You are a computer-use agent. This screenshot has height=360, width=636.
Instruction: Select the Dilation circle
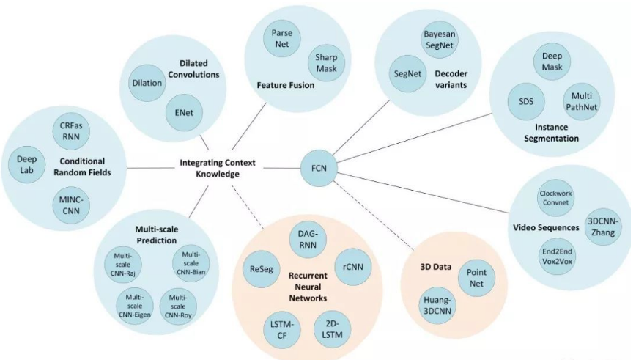[x=147, y=83]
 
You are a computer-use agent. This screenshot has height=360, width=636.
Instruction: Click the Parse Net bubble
[x=282, y=40]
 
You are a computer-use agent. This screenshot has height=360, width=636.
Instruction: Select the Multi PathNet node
[x=581, y=102]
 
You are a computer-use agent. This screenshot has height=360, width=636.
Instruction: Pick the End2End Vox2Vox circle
[x=555, y=257]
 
